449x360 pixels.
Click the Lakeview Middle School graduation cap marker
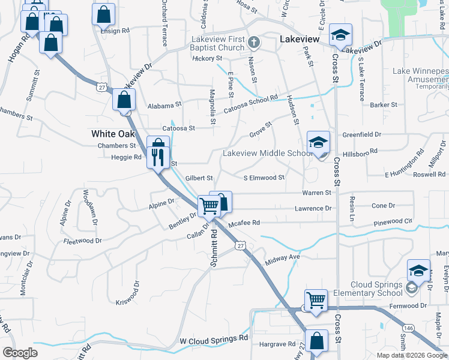point(318,143)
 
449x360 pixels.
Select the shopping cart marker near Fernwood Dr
point(316,299)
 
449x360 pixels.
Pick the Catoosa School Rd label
point(252,104)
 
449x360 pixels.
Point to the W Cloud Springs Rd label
point(214,340)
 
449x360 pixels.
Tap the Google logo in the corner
point(20,352)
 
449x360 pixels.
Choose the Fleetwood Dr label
point(82,241)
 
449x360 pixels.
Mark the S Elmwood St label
point(264,178)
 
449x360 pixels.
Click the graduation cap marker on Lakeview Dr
point(340,34)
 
